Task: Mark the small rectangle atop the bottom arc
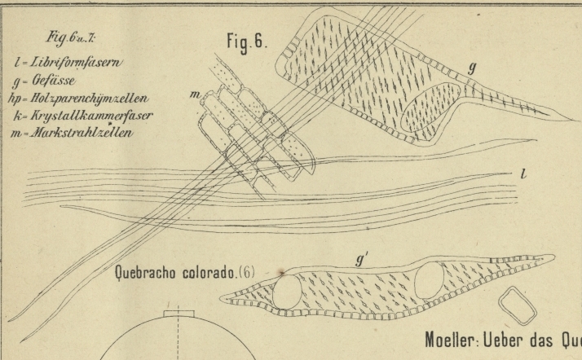click(178, 314)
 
